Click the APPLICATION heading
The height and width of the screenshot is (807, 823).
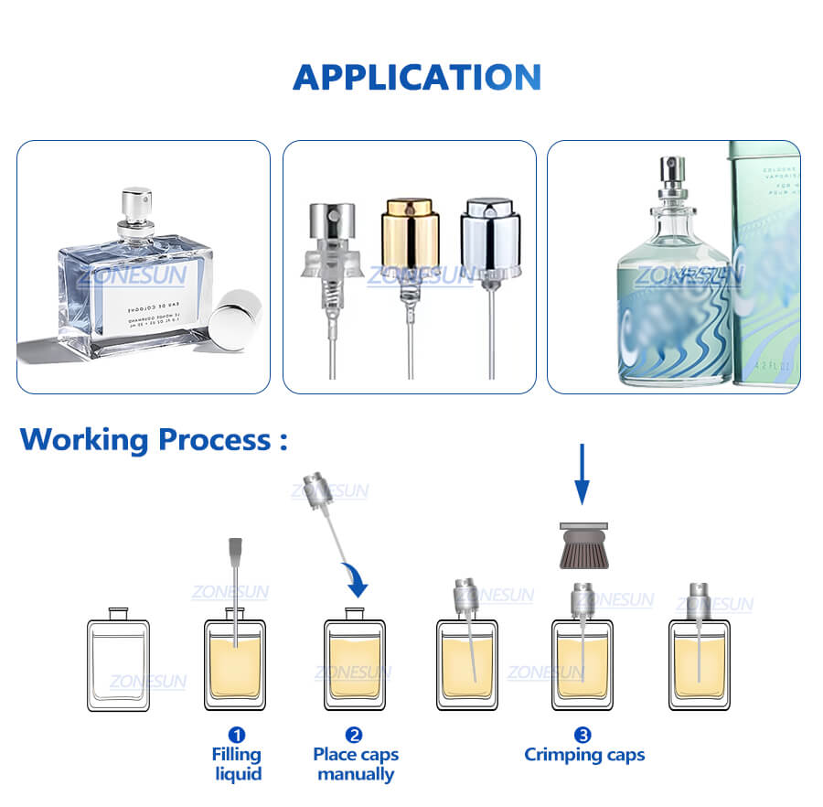416,77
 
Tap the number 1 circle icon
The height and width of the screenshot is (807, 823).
237,734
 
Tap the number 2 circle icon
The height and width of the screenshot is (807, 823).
354,734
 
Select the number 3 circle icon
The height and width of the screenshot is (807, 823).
583,734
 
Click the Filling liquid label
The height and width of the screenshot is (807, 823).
237,765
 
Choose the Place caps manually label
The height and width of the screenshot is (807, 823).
355,765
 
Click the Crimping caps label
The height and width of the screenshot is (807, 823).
583,756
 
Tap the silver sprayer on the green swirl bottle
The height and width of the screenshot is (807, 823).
672,178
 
